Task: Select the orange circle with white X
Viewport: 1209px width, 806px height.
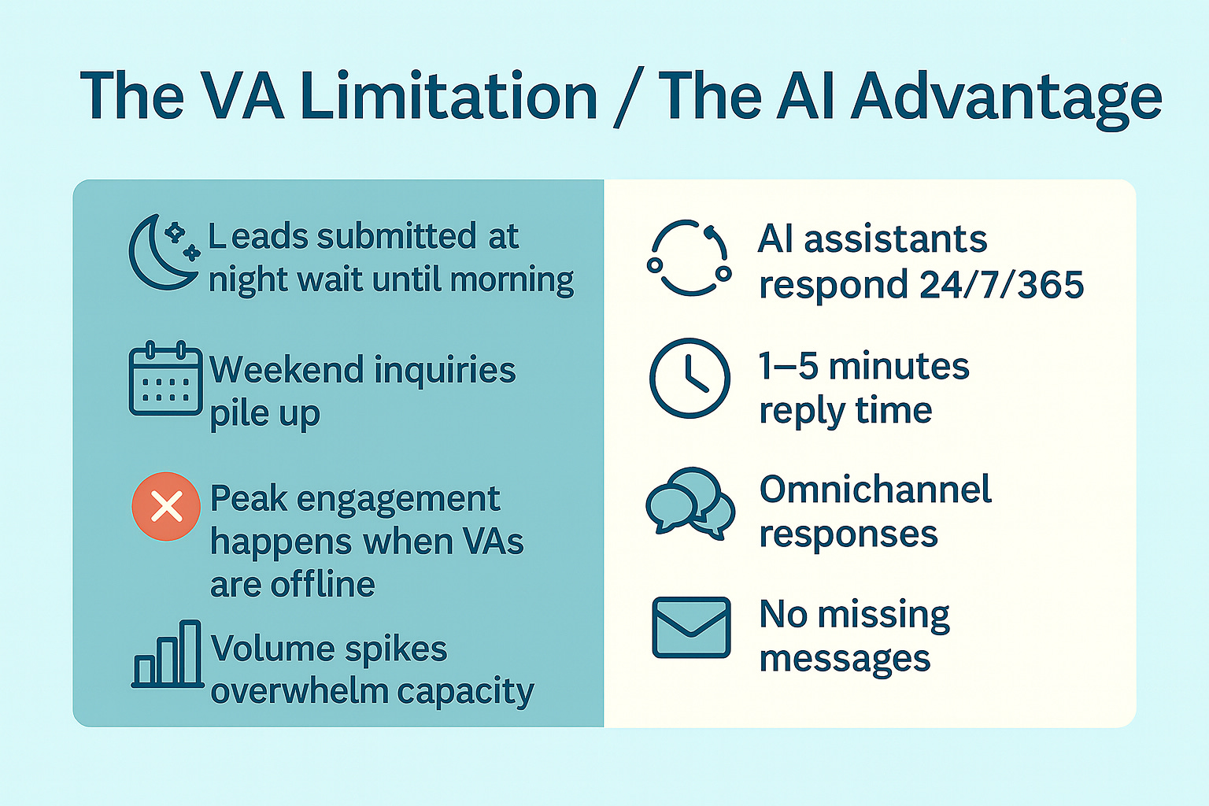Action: click(166, 506)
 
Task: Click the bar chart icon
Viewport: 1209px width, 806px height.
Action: click(167, 655)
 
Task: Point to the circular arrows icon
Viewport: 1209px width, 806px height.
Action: click(690, 258)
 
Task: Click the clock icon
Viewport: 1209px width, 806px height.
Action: click(690, 379)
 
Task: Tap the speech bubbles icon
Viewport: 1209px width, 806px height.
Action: click(690, 503)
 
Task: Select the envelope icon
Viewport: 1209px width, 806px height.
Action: click(691, 627)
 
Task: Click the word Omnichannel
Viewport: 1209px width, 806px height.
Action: click(875, 490)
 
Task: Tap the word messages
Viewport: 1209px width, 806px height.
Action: click(845, 659)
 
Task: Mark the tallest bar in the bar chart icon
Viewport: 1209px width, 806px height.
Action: click(190, 653)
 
